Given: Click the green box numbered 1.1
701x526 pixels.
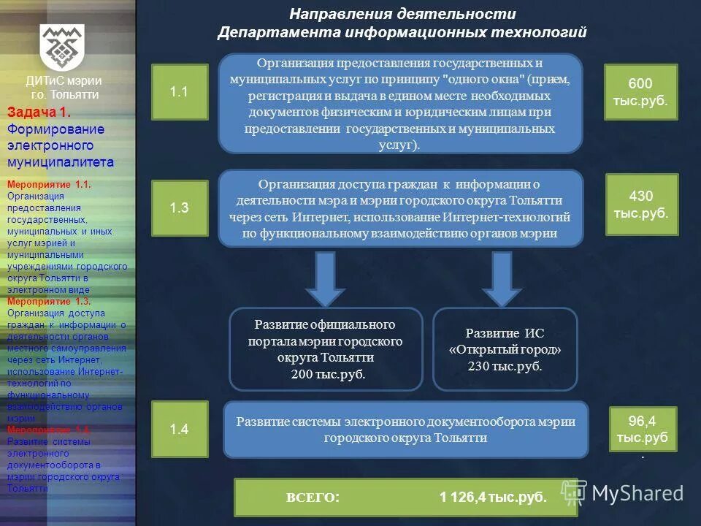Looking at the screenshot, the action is point(180,92).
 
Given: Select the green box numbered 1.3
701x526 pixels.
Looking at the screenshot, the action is point(180,207).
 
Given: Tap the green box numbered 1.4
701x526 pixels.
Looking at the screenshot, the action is point(180,430).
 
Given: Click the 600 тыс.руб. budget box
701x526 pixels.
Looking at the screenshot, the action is point(640,92).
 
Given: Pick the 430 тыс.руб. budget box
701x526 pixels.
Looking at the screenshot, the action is point(641,205).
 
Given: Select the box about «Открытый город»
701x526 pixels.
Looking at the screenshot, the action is point(505,349).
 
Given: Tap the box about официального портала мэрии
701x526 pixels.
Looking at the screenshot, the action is point(326,349).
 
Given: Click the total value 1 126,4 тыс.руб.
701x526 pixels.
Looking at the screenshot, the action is point(493,498).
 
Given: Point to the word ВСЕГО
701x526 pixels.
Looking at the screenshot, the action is point(312,498).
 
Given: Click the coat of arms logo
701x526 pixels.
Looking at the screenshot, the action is point(62,46).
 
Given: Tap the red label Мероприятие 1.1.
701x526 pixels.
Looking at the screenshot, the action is point(48,186).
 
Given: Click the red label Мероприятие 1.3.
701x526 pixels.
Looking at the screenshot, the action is point(48,301).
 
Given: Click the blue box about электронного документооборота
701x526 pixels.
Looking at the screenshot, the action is point(405,430).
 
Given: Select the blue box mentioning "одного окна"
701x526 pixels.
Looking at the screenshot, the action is point(400,103).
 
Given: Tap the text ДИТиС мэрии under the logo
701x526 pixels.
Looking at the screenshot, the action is point(64,81).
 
